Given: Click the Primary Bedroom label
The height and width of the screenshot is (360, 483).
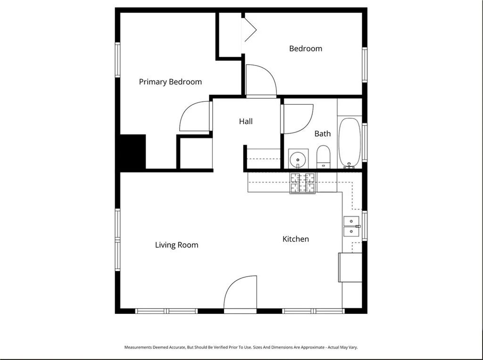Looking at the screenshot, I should coord(170,82).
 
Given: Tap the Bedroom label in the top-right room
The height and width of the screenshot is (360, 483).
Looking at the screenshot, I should coord(306,49).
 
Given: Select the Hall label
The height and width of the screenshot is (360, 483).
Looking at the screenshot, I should coord(246,122).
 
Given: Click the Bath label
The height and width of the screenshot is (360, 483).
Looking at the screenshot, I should coord(323,134).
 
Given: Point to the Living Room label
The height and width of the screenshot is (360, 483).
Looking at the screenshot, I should coord(177,245).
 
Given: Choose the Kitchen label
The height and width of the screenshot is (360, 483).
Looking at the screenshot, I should coord(296,239).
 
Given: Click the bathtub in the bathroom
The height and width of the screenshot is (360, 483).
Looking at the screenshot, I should coord(350,143).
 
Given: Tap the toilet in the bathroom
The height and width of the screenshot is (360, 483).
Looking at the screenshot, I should coord(323,157).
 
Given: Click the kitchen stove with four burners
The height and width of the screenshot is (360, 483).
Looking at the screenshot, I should coord(302,183).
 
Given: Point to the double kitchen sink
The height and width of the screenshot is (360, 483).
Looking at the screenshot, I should coord(351,226).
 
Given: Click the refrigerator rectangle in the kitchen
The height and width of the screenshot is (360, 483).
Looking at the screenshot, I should coord(350,268).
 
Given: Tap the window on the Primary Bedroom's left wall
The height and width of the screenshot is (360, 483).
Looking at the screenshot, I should coord(117,59).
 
